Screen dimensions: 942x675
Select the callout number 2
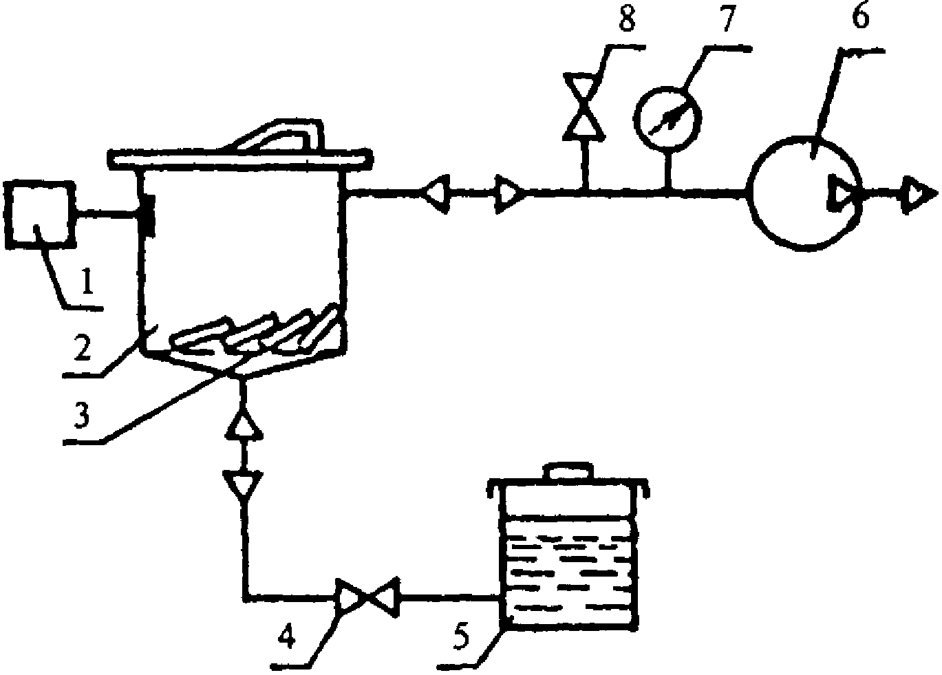pos(83,347)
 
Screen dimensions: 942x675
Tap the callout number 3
pos(82,413)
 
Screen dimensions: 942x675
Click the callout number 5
pos(461,636)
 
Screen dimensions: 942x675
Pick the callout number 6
pos(860,15)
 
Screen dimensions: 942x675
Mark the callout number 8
pos(627,17)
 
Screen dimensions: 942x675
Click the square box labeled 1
pos(40,215)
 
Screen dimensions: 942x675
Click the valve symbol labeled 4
pos(367,597)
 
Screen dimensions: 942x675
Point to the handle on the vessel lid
pos(279,135)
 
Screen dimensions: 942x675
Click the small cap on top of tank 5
pos(568,471)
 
